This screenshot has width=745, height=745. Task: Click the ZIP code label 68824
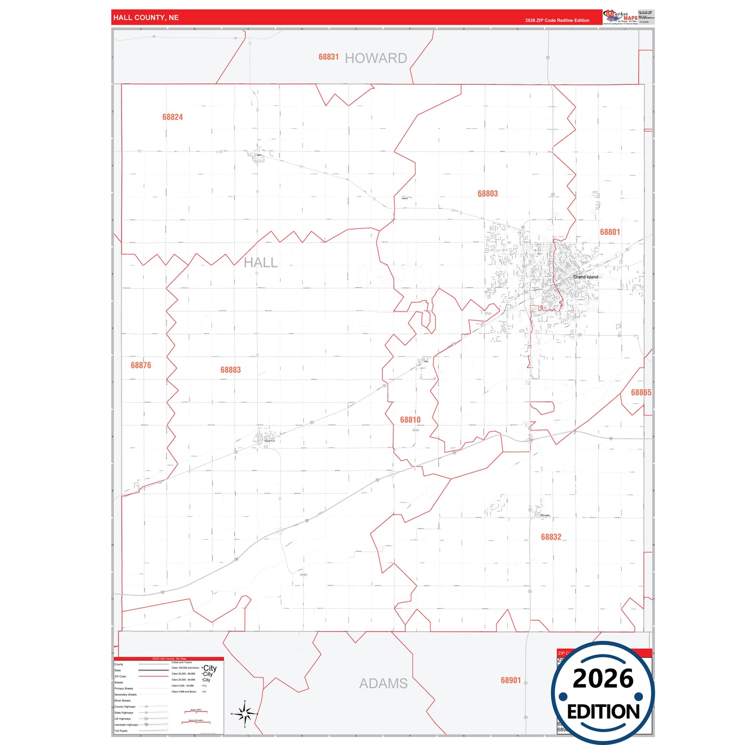click(172, 117)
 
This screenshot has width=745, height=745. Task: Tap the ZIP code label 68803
click(488, 194)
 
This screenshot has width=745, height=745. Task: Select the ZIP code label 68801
click(610, 232)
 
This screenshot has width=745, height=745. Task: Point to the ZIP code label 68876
click(141, 366)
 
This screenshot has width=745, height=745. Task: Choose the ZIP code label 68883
click(230, 370)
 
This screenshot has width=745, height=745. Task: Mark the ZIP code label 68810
click(410, 420)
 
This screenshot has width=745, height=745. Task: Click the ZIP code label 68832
click(551, 537)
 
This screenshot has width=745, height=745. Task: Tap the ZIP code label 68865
click(641, 393)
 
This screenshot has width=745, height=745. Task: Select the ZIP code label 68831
click(328, 57)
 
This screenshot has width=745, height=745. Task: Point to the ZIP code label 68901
click(511, 681)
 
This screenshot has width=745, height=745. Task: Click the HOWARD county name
click(376, 58)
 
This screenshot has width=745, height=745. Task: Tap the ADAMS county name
click(383, 684)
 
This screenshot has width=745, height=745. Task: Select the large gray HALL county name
click(260, 263)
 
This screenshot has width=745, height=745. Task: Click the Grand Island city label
click(586, 277)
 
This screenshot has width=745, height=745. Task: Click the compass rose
click(245, 714)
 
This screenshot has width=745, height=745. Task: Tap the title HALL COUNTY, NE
click(146, 18)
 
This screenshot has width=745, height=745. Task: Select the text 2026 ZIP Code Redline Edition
click(557, 21)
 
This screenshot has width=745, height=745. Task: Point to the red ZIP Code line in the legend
click(153, 676)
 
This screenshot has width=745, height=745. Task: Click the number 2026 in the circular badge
click(603, 678)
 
